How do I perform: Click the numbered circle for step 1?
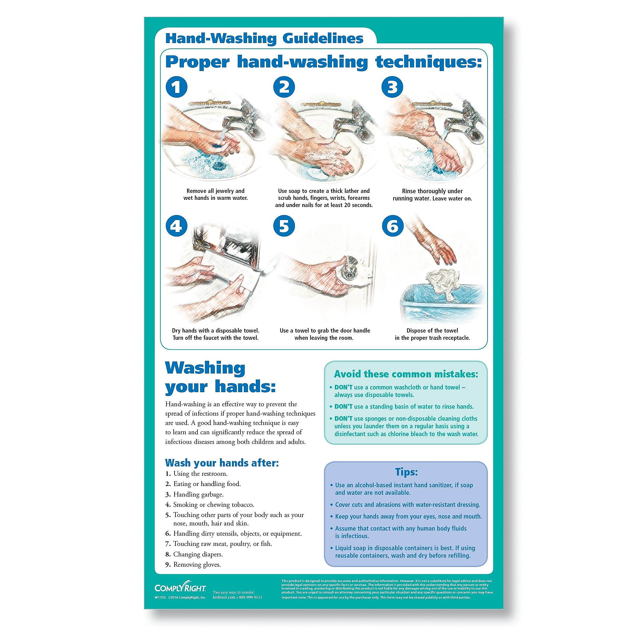[177, 87]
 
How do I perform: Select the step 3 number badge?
[392, 87]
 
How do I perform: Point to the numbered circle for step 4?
[177, 226]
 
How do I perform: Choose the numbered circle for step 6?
[392, 226]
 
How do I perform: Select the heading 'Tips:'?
[406, 472]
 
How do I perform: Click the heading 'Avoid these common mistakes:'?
[406, 374]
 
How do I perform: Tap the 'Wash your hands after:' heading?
[222, 463]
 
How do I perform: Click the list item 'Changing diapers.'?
[198, 554]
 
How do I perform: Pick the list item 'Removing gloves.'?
[197, 564]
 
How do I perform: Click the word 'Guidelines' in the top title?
[320, 38]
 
